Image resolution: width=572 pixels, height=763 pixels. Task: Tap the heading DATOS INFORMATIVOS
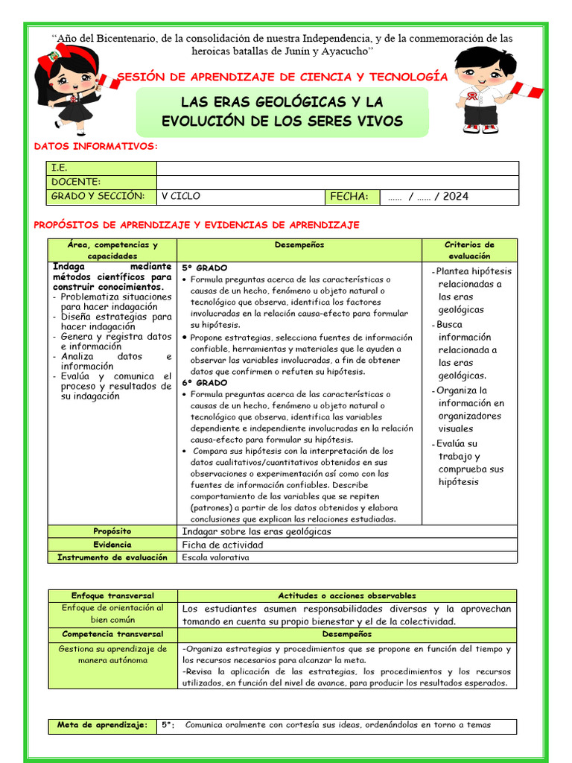[96, 147]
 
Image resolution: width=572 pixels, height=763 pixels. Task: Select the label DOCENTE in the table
[76, 182]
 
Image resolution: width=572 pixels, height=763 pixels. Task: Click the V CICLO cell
[181, 197]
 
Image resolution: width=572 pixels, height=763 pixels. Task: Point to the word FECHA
[349, 197]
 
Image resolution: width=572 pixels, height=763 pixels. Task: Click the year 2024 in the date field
[455, 197]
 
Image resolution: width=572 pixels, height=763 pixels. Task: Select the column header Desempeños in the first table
[299, 245]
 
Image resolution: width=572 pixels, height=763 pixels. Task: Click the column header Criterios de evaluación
[469, 250]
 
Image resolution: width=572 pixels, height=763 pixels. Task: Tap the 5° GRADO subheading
[205, 267]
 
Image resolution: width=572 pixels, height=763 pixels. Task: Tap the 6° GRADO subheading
[205, 382]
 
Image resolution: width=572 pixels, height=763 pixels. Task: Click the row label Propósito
[112, 531]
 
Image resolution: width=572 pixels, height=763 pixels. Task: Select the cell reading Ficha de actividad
[223, 545]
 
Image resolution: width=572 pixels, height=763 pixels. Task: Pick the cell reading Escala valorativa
[216, 557]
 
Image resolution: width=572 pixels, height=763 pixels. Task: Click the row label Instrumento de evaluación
[112, 557]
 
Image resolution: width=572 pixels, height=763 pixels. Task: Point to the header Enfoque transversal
[112, 596]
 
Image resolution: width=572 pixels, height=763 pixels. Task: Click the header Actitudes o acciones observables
[347, 596]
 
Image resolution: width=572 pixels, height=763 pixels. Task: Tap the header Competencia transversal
[112, 634]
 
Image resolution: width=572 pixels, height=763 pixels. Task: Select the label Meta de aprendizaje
[103, 724]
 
